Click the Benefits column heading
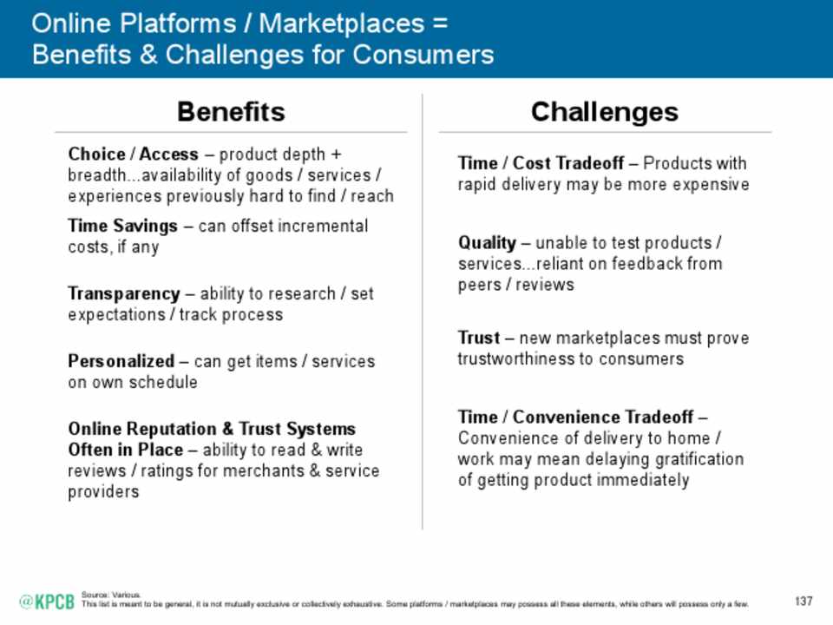coord(231,112)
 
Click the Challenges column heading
coord(605,113)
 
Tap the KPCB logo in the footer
coord(47,602)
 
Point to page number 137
coord(803,601)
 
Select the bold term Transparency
coord(124,294)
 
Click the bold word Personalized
coord(121,361)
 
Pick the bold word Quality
coord(487,243)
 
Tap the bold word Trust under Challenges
coord(479,338)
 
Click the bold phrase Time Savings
coord(122,226)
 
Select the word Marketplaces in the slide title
coord(342,23)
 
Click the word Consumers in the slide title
coord(423,54)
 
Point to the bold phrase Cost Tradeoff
coord(567,162)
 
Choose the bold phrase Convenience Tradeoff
coord(603,417)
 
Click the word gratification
coord(699,459)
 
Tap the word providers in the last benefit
coord(103,492)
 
